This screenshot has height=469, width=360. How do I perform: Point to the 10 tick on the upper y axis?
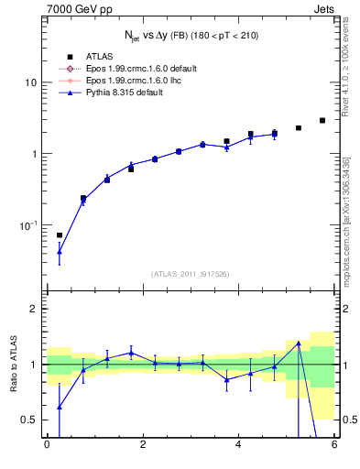[x=30, y=82]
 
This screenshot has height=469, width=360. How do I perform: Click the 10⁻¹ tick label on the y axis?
[x=27, y=224]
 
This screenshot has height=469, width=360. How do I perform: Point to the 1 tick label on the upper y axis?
[x=34, y=154]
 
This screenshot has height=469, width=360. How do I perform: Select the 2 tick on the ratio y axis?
[x=34, y=309]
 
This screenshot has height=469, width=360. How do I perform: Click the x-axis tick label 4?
[x=238, y=445]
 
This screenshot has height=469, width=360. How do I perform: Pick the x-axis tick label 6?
[x=334, y=445]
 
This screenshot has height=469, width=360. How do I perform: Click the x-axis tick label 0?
[x=47, y=445]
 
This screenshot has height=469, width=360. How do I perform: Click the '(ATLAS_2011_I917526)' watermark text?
[x=191, y=273]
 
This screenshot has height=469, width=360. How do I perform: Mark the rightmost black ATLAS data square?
[x=322, y=120]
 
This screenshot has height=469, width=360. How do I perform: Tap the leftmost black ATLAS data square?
[x=60, y=235]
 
